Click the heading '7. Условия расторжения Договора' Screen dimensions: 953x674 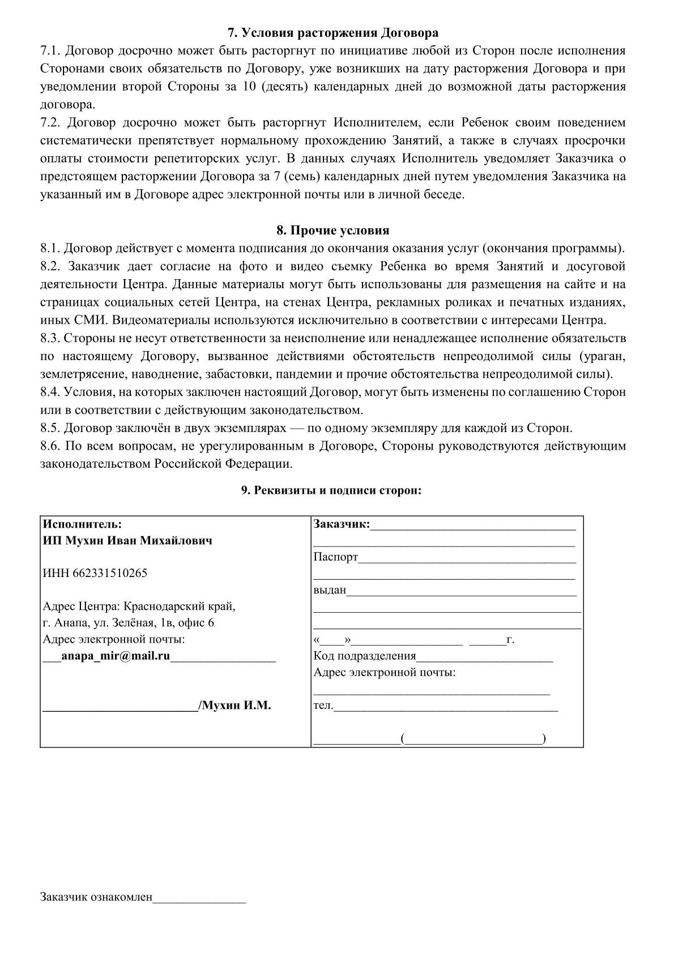click(x=333, y=32)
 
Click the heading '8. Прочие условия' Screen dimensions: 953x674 click(x=333, y=230)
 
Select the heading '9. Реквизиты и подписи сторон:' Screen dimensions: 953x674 click(x=332, y=490)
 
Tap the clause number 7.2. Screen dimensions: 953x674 click(x=52, y=123)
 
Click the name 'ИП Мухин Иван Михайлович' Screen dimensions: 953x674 click(x=128, y=540)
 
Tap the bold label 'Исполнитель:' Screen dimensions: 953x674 click(x=83, y=524)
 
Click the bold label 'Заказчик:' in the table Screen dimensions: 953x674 click(x=342, y=524)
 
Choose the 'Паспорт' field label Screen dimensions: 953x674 click(x=336, y=557)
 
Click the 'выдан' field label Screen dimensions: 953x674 click(x=330, y=590)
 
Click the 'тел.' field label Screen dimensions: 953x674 click(x=323, y=706)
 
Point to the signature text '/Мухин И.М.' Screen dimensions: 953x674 click(x=234, y=706)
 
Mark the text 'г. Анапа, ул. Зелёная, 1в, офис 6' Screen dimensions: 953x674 click(x=129, y=623)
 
